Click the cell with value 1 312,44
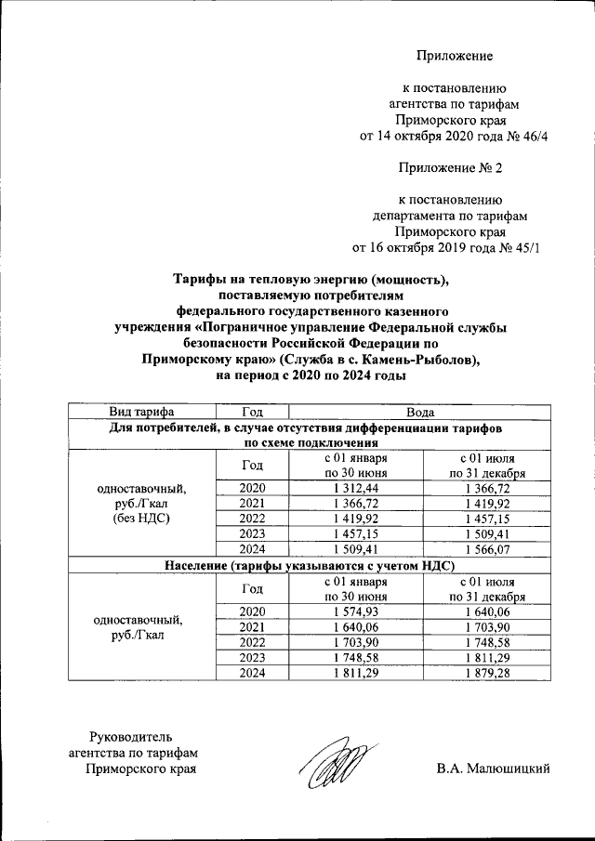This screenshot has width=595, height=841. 355,489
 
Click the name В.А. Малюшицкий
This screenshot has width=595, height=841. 494,769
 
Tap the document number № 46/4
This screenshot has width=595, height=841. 527,135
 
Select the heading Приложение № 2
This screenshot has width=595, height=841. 451,167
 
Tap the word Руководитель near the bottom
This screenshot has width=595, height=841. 130,737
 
